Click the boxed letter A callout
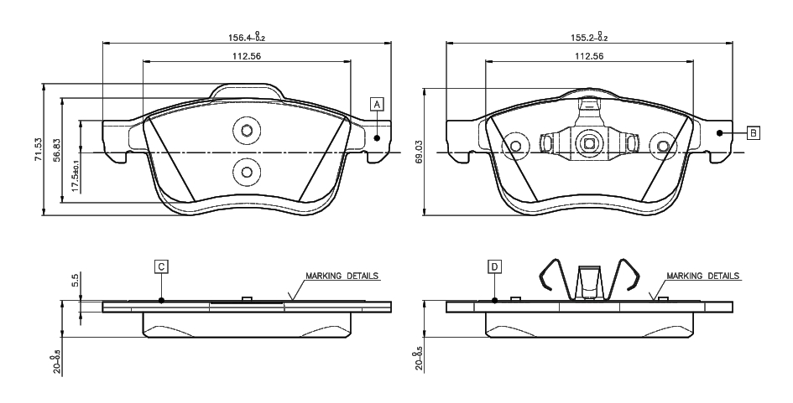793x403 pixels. click(x=378, y=105)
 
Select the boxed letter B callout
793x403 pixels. click(x=754, y=132)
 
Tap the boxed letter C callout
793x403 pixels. click(x=161, y=266)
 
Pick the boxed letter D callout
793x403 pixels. click(x=495, y=266)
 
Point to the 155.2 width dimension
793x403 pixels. click(x=583, y=37)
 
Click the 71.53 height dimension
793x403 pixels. click(x=37, y=149)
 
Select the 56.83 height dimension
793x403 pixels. click(x=57, y=149)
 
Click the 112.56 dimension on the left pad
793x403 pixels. click(x=248, y=56)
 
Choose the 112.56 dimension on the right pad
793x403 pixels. click(x=589, y=56)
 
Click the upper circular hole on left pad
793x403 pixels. click(x=247, y=131)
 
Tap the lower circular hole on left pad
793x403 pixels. click(x=247, y=172)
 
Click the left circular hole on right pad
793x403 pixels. click(x=515, y=147)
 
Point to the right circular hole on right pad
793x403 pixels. click(x=664, y=147)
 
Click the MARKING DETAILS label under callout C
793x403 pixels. click(x=342, y=275)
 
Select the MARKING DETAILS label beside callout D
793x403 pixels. click(x=702, y=275)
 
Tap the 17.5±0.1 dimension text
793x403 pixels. click(x=76, y=176)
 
